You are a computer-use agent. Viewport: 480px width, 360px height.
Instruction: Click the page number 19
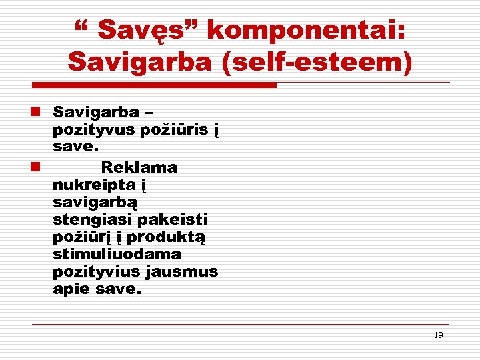point(438,335)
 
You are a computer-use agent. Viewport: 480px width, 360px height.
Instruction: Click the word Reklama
point(139,167)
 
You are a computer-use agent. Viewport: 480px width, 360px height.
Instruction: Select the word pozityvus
point(94,129)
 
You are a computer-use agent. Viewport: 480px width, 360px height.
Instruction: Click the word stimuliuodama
point(117,255)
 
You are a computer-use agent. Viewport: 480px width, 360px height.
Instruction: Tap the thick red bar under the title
point(154,85)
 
